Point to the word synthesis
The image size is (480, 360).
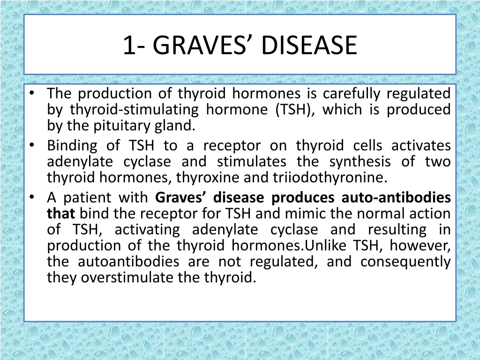[360, 162]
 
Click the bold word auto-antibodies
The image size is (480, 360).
[396, 198]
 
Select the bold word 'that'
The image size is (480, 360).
[61, 214]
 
